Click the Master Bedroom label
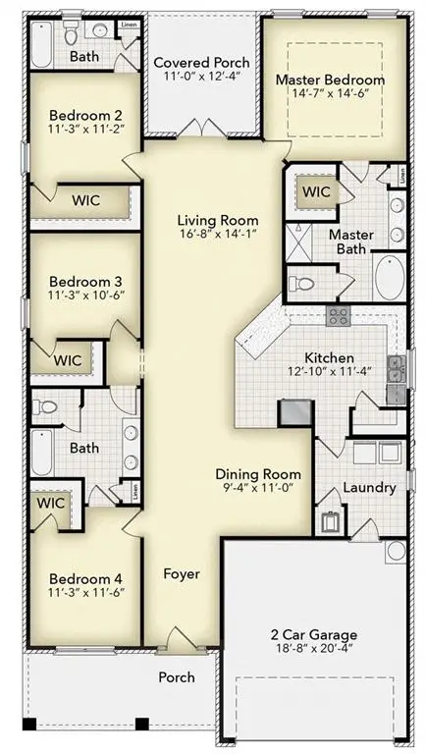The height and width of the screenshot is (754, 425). pyautogui.click(x=329, y=80)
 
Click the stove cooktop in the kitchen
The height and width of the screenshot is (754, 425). pyautogui.click(x=338, y=315)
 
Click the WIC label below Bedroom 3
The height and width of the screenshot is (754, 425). pyautogui.click(x=67, y=359)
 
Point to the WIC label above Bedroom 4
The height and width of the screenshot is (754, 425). pyautogui.click(x=49, y=502)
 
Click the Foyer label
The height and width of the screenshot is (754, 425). pyautogui.click(x=181, y=573)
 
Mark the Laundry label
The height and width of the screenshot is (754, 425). pyautogui.click(x=369, y=488)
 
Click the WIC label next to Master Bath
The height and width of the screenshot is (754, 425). pyautogui.click(x=315, y=191)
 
